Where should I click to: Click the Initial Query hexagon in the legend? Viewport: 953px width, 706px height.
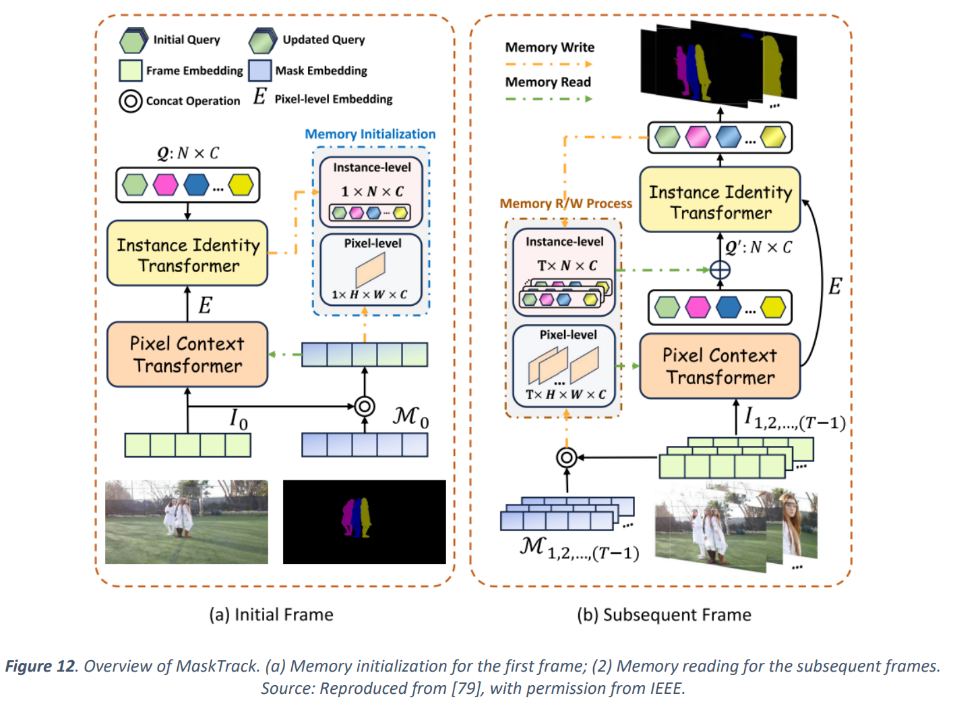[x=133, y=40]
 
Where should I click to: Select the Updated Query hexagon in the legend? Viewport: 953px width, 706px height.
[x=262, y=40]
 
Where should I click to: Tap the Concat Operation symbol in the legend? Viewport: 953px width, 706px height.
[x=130, y=101]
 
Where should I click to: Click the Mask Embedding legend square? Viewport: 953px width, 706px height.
[x=259, y=71]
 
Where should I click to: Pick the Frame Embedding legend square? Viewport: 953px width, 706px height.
[x=130, y=71]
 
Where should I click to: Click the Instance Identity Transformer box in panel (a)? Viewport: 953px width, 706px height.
[x=187, y=254]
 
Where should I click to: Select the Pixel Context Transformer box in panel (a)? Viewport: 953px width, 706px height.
[x=187, y=354]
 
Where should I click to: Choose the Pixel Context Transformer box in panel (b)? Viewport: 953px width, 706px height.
[x=720, y=366]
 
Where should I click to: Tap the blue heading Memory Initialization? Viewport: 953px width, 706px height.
[x=370, y=134]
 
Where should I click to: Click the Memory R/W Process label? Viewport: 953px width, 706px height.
[x=565, y=203]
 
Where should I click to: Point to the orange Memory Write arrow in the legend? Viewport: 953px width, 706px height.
[x=549, y=64]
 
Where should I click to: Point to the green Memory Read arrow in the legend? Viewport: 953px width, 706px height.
[x=549, y=99]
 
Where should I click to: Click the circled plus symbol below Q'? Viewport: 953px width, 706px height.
[x=720, y=270]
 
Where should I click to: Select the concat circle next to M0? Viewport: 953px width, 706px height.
[x=365, y=406]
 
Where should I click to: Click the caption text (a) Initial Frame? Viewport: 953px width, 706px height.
[x=271, y=614]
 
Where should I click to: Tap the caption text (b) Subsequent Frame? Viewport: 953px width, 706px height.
[x=664, y=614]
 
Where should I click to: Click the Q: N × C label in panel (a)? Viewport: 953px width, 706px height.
[x=188, y=154]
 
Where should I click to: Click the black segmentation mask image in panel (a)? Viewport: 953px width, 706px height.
[x=364, y=522]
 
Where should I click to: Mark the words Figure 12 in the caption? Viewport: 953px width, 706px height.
[x=40, y=666]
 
